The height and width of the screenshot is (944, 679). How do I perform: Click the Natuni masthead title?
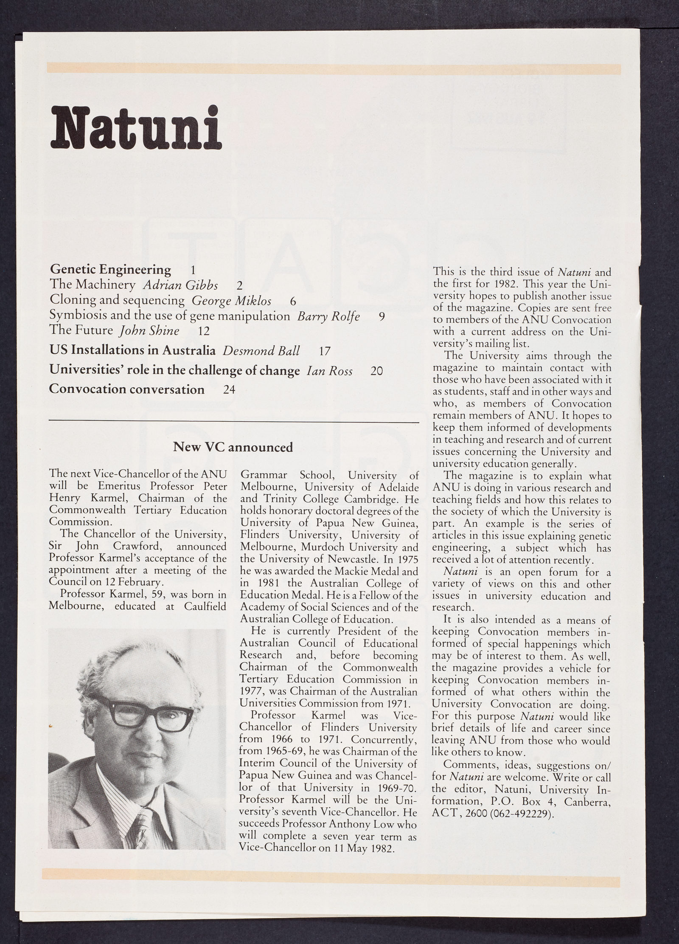click(136, 126)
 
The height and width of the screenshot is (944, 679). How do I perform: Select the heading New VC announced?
click(233, 447)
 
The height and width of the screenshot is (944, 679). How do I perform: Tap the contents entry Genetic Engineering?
click(110, 269)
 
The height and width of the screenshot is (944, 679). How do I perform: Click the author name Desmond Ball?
click(261, 351)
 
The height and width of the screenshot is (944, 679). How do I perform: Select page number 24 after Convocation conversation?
click(229, 389)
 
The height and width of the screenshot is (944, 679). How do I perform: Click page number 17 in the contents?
click(324, 351)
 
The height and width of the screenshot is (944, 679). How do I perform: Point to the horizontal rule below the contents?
click(234, 422)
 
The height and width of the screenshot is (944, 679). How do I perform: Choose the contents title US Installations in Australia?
click(132, 351)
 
